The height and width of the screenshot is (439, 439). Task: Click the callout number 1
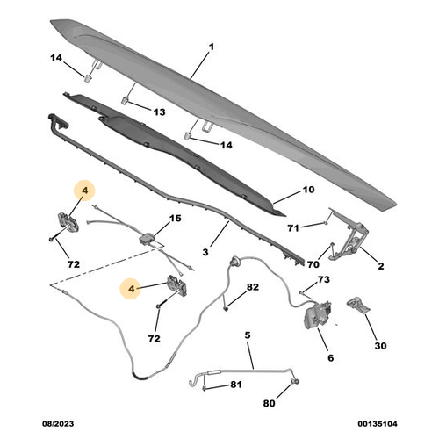pos(212,46)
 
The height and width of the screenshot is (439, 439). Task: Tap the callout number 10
pos(307,190)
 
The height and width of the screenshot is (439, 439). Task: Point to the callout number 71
pos(294,227)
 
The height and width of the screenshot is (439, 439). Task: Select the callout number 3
pos(205,252)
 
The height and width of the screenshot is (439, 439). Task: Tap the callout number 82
pos(252,287)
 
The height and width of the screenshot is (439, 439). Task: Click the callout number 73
pos(323,279)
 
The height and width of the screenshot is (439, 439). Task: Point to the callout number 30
pos(380,346)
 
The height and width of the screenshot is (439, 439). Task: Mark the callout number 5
pos(248,335)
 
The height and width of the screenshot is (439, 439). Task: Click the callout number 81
pos(235,384)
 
